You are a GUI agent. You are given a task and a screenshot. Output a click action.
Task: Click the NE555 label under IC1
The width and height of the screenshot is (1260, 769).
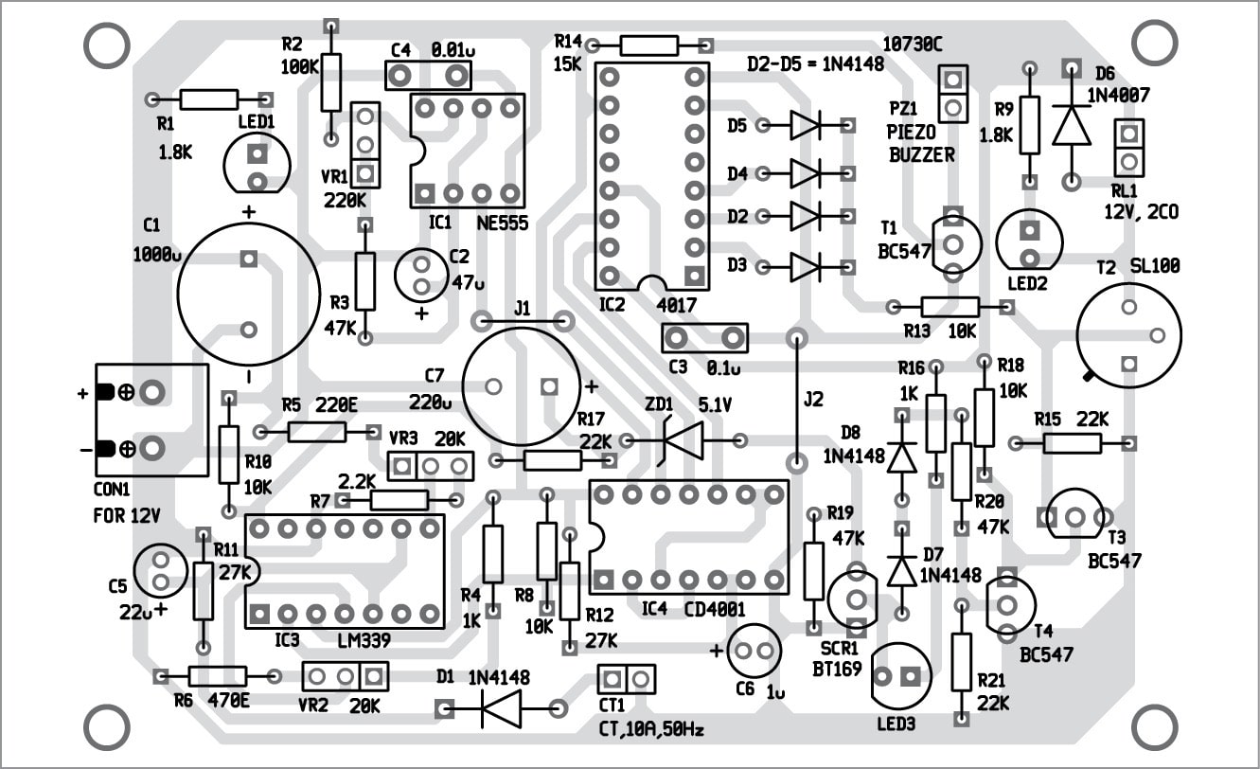(x=503, y=224)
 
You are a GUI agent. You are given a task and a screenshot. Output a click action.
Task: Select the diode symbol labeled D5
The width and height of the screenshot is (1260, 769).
(x=805, y=123)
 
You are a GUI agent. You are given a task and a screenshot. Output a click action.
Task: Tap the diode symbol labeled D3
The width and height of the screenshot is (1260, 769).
(x=805, y=267)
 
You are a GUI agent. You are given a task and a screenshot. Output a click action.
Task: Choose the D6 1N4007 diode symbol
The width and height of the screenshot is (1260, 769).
(x=1071, y=124)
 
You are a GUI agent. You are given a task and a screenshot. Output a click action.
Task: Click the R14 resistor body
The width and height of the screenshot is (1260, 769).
(x=648, y=45)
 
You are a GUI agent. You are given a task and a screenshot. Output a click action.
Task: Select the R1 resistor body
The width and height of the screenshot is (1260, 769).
(x=208, y=98)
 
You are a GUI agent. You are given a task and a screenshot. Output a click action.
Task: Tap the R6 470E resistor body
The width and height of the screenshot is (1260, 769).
(x=218, y=675)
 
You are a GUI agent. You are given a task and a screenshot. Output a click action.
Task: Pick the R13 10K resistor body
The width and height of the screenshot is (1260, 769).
(x=949, y=306)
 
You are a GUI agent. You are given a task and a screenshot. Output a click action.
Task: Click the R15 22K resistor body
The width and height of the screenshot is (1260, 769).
(x=1072, y=442)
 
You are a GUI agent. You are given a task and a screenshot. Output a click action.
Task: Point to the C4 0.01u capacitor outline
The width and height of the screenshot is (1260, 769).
(x=429, y=74)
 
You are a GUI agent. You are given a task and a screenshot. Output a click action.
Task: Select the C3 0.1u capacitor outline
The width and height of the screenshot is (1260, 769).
(x=703, y=337)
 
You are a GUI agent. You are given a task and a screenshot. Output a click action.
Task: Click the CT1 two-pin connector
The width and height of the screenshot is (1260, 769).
(x=627, y=678)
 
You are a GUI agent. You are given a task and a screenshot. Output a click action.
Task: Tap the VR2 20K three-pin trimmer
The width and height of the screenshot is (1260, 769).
(x=346, y=676)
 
